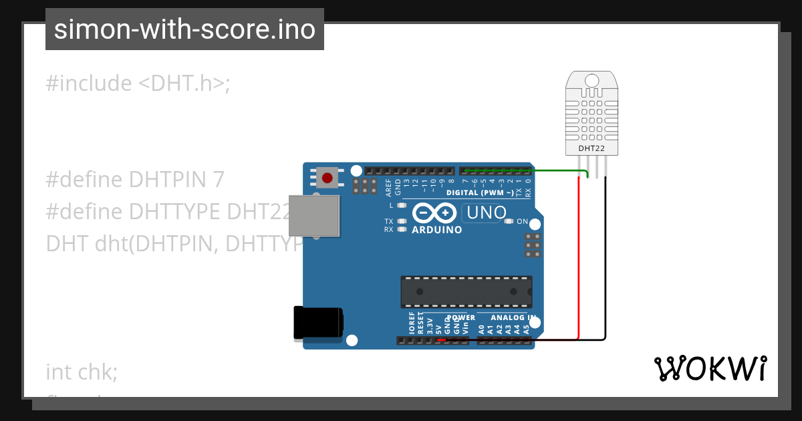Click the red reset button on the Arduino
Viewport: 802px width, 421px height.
327,178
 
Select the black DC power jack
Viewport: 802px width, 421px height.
318,324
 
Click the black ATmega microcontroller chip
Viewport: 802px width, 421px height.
466,291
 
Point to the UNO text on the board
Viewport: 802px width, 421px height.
486,213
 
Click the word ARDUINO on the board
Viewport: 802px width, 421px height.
436,230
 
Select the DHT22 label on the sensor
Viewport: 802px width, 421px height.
591,146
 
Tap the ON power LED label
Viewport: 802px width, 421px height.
523,222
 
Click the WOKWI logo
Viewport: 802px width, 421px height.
710,368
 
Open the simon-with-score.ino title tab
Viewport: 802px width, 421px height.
184,29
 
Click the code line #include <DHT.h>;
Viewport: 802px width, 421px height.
138,84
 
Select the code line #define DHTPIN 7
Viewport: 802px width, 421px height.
135,180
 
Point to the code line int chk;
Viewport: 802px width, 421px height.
82,372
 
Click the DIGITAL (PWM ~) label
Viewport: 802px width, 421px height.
480,192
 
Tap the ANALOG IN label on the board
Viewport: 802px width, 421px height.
513,317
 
